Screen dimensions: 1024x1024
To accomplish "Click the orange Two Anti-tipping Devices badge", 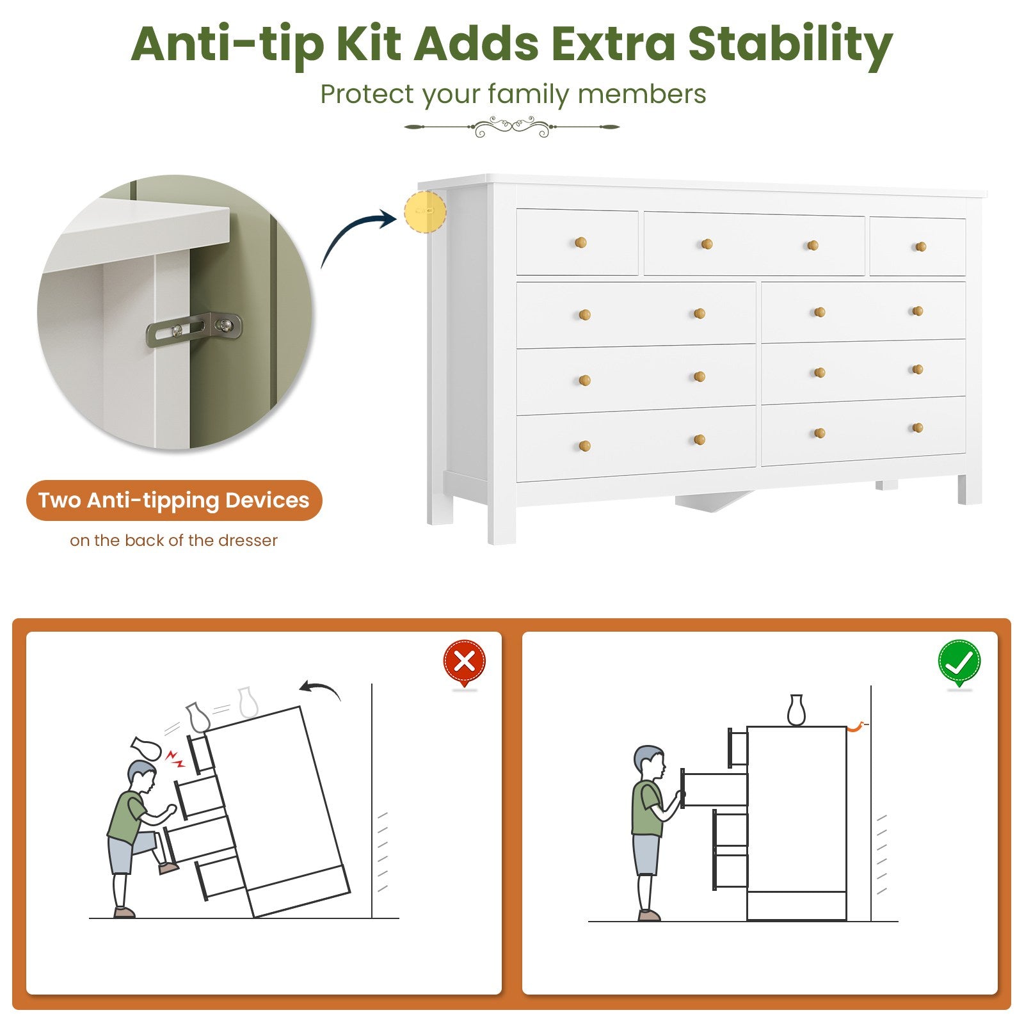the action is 174,500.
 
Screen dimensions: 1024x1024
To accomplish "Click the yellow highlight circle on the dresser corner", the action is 425,211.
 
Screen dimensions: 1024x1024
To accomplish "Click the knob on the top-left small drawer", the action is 580,243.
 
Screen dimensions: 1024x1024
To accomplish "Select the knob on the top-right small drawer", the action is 920,246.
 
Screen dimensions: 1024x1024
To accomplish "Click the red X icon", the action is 465,662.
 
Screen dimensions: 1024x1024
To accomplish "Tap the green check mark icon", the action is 959,662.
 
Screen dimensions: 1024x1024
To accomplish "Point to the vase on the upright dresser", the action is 796,710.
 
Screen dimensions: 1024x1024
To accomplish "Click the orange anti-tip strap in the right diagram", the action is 856,726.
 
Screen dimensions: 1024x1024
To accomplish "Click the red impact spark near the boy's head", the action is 175,758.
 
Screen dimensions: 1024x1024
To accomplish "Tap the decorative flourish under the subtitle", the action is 512,127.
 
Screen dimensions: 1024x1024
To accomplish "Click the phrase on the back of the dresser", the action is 174,541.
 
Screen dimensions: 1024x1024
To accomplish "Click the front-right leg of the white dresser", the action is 970,489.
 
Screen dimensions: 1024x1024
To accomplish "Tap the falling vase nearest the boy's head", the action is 145,748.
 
